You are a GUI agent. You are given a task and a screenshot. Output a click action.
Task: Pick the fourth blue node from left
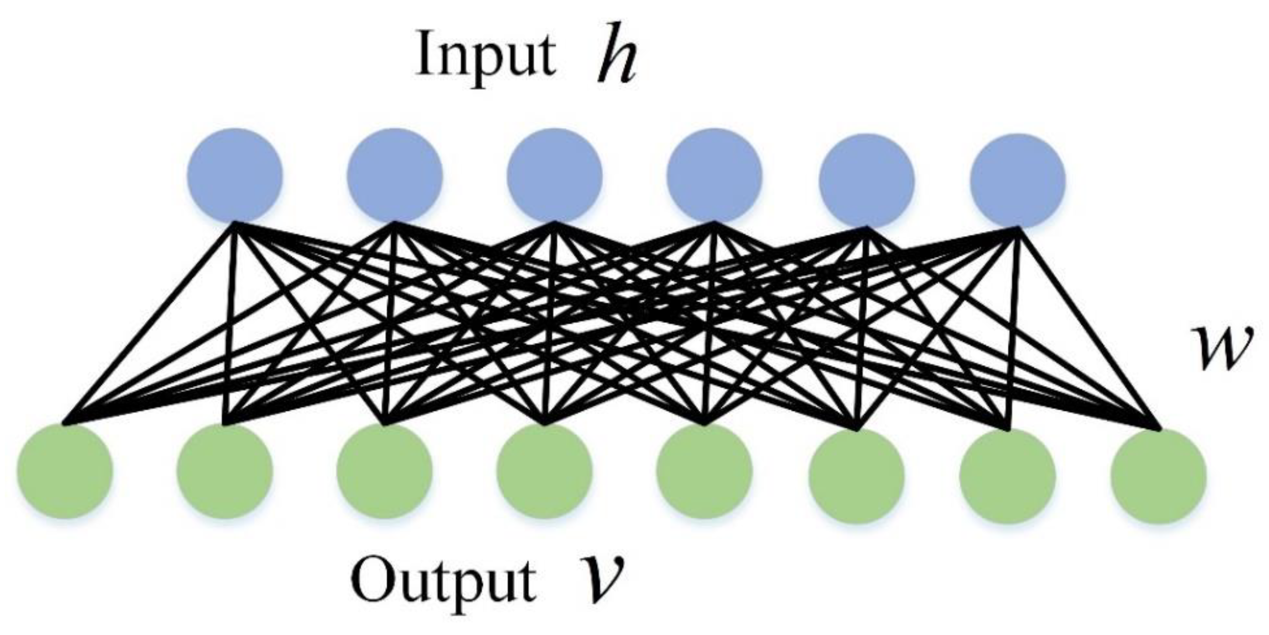click(x=714, y=176)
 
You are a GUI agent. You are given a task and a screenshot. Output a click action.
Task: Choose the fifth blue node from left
click(x=866, y=180)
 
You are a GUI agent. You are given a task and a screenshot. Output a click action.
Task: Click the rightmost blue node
click(x=1018, y=181)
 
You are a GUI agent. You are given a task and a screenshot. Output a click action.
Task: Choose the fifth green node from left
click(x=704, y=471)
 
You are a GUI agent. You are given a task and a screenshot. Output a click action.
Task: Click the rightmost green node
click(x=1159, y=476)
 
